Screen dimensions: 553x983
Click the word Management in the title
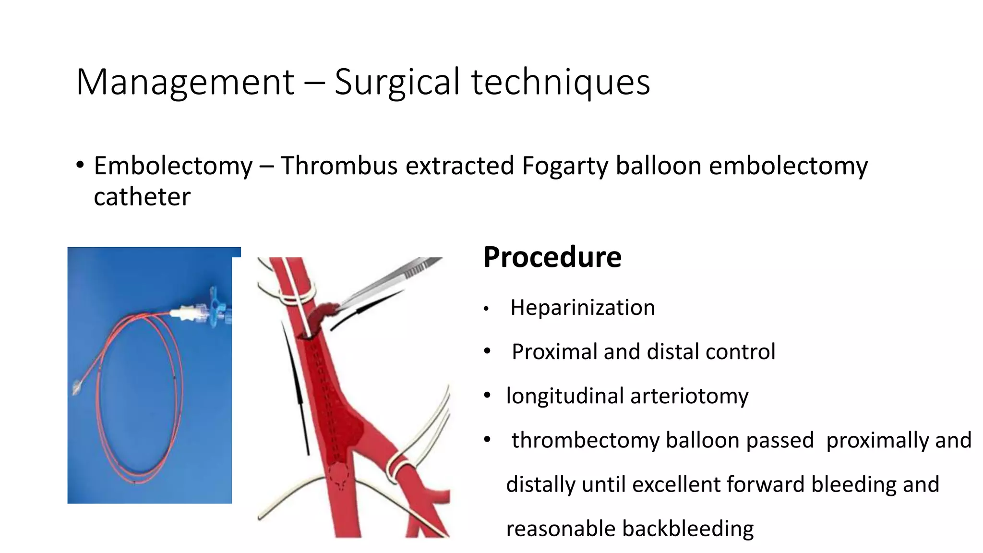[185, 83]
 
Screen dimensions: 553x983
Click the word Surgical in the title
[397, 83]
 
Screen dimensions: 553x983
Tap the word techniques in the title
[560, 83]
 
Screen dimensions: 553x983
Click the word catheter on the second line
[142, 197]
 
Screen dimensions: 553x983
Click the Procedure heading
[552, 257]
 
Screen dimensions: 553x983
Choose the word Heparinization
[582, 308]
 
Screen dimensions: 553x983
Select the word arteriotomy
[689, 397]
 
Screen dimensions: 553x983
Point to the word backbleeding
[687, 529]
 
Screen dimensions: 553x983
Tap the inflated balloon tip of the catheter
[77, 387]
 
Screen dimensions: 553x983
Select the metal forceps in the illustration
[394, 283]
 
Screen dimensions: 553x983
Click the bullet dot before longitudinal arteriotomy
[487, 396]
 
